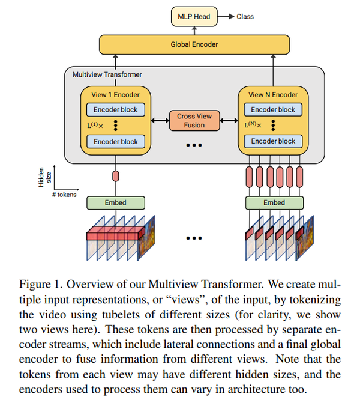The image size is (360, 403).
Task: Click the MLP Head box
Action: pos(194,16)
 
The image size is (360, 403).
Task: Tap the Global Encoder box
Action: pos(194,44)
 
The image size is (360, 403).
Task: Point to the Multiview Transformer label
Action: pos(107,74)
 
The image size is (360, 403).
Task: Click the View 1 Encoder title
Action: pos(115,94)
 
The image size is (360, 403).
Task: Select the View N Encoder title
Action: pos(273,94)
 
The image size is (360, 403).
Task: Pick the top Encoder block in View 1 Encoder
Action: pos(115,109)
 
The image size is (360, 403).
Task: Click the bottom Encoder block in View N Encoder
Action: pos(273,141)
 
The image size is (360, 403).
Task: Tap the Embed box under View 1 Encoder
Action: pos(115,202)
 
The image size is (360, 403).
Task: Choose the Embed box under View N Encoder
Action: pos(273,202)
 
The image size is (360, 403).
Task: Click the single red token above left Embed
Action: pos(115,177)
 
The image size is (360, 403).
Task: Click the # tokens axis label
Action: pos(63,195)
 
